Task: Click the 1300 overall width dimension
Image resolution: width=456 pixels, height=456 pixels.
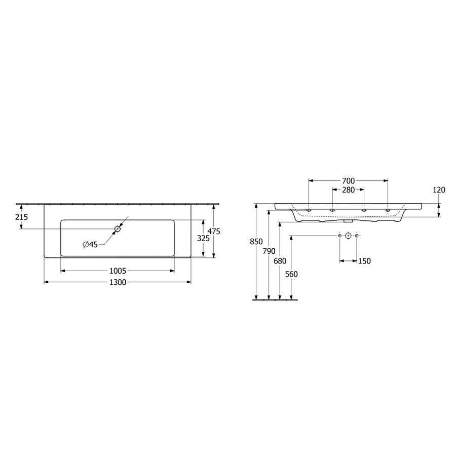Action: pyautogui.click(x=117, y=283)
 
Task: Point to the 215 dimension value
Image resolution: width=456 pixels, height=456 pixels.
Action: pyautogui.click(x=22, y=217)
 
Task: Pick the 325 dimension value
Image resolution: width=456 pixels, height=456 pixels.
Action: pyautogui.click(x=203, y=238)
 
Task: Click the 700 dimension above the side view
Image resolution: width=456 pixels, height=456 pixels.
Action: pyautogui.click(x=348, y=181)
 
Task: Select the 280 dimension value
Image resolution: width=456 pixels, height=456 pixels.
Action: pyautogui.click(x=348, y=190)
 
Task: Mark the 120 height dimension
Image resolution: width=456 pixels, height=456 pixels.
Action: pyautogui.click(x=439, y=190)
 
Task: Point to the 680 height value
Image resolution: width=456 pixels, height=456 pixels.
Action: pyautogui.click(x=280, y=261)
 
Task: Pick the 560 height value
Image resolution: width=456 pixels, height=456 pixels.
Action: pyautogui.click(x=291, y=274)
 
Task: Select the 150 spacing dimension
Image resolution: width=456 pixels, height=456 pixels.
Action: pyautogui.click(x=364, y=261)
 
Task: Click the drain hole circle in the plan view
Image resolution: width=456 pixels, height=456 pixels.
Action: pyautogui.click(x=118, y=229)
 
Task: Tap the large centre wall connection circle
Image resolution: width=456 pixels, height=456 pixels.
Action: pyautogui.click(x=348, y=236)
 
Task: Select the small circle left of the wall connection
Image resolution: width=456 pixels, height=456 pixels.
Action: pyautogui.click(x=339, y=236)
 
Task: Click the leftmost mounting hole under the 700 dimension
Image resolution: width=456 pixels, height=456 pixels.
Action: pyautogui.click(x=309, y=210)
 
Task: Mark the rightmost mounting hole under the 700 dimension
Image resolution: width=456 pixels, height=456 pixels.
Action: pyautogui.click(x=388, y=210)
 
